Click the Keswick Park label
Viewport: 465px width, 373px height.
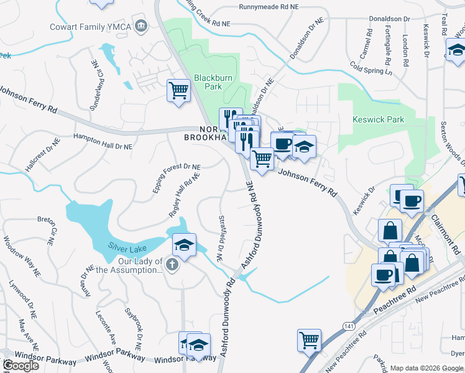pyautogui.click(x=378, y=119)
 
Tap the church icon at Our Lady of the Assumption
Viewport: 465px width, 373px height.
pyautogui.click(x=172, y=265)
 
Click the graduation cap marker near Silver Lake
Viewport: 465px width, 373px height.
pyautogui.click(x=184, y=245)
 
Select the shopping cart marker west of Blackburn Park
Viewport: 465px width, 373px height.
pyautogui.click(x=178, y=91)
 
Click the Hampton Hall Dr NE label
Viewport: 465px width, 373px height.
pyautogui.click(x=103, y=142)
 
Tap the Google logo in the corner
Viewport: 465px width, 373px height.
pyautogui.click(x=21, y=365)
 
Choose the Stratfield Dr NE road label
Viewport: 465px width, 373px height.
pyautogui.click(x=219, y=238)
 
